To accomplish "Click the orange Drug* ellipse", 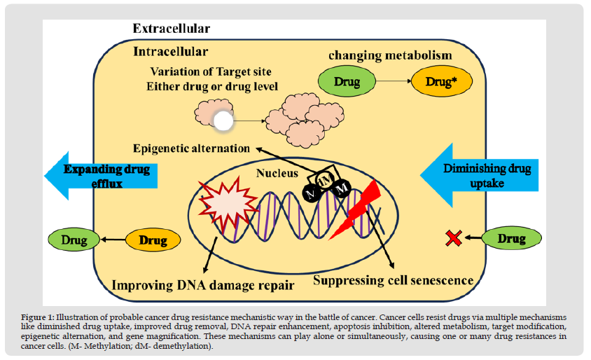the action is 441,81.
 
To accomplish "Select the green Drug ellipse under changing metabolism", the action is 347,81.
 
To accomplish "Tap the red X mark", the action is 454,238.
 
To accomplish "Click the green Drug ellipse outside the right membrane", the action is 511,238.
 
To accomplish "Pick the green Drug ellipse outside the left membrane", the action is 74,240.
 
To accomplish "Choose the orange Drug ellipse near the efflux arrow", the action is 153,240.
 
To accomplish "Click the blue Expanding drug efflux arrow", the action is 101,176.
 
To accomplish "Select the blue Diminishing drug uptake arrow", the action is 480,175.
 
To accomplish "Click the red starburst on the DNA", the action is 228,205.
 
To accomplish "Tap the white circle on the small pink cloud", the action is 223,120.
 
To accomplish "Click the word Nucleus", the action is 277,173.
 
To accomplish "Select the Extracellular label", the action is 171,29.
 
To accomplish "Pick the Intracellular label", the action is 170,51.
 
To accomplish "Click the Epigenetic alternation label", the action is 191,148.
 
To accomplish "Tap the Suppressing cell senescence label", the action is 393,280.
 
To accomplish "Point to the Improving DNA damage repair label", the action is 203,285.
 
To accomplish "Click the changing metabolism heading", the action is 390,55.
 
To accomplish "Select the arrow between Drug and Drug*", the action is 394,81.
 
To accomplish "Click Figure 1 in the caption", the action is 38,317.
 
